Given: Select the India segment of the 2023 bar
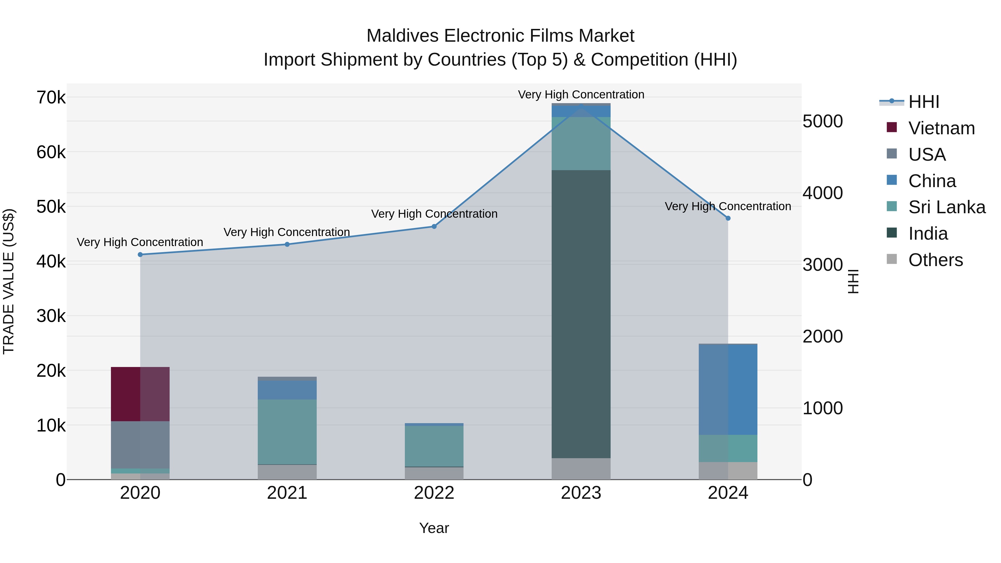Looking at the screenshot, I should [x=581, y=314].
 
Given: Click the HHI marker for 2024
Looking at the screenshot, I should [x=728, y=218].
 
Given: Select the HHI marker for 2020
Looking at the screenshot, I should [x=140, y=254].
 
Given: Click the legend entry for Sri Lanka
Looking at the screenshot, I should [x=947, y=207].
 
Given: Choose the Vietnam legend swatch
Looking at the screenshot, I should [x=892, y=127].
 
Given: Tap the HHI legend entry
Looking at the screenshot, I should [x=924, y=102].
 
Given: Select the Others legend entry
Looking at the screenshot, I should [x=935, y=260].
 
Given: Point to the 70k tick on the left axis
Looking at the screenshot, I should [x=51, y=98].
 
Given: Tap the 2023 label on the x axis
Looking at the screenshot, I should [x=581, y=493].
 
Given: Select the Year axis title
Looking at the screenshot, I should [x=434, y=528].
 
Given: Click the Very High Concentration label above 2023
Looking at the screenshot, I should [x=581, y=95].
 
